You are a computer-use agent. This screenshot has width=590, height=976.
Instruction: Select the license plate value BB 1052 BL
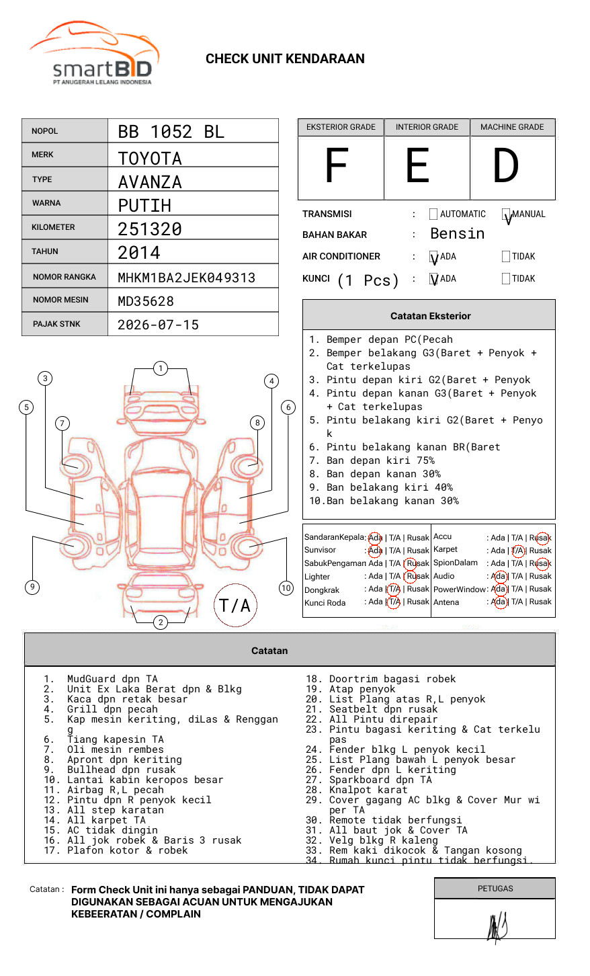point(171,132)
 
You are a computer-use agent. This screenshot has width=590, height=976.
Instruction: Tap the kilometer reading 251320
point(150,229)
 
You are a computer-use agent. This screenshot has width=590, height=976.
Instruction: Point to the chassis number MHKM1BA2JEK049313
point(186,278)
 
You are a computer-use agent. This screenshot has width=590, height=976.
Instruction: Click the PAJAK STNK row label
point(56,324)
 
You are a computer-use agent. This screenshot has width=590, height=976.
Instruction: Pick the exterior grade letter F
point(337,166)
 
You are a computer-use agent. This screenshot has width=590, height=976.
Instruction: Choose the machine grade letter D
point(506,166)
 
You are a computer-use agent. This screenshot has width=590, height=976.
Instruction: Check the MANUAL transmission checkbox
point(506,215)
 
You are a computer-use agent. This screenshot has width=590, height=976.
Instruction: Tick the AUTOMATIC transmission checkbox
point(433,214)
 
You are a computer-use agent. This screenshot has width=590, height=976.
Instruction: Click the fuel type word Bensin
point(457,234)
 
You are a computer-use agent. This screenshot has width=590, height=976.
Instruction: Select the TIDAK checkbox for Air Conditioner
point(506,257)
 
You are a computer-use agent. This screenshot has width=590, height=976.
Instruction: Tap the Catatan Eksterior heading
point(430,316)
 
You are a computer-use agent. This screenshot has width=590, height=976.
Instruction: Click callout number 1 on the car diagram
point(160,368)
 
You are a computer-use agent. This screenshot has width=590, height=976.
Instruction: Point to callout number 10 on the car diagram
point(286,588)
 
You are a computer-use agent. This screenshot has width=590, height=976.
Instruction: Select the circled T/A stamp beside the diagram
point(235,606)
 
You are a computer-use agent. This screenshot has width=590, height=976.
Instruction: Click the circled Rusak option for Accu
point(541,538)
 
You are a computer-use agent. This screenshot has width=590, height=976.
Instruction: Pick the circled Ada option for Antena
point(499,602)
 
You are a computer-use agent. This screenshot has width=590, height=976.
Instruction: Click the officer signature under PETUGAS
point(497,927)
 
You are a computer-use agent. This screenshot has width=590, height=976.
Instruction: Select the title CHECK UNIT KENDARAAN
point(285,59)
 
